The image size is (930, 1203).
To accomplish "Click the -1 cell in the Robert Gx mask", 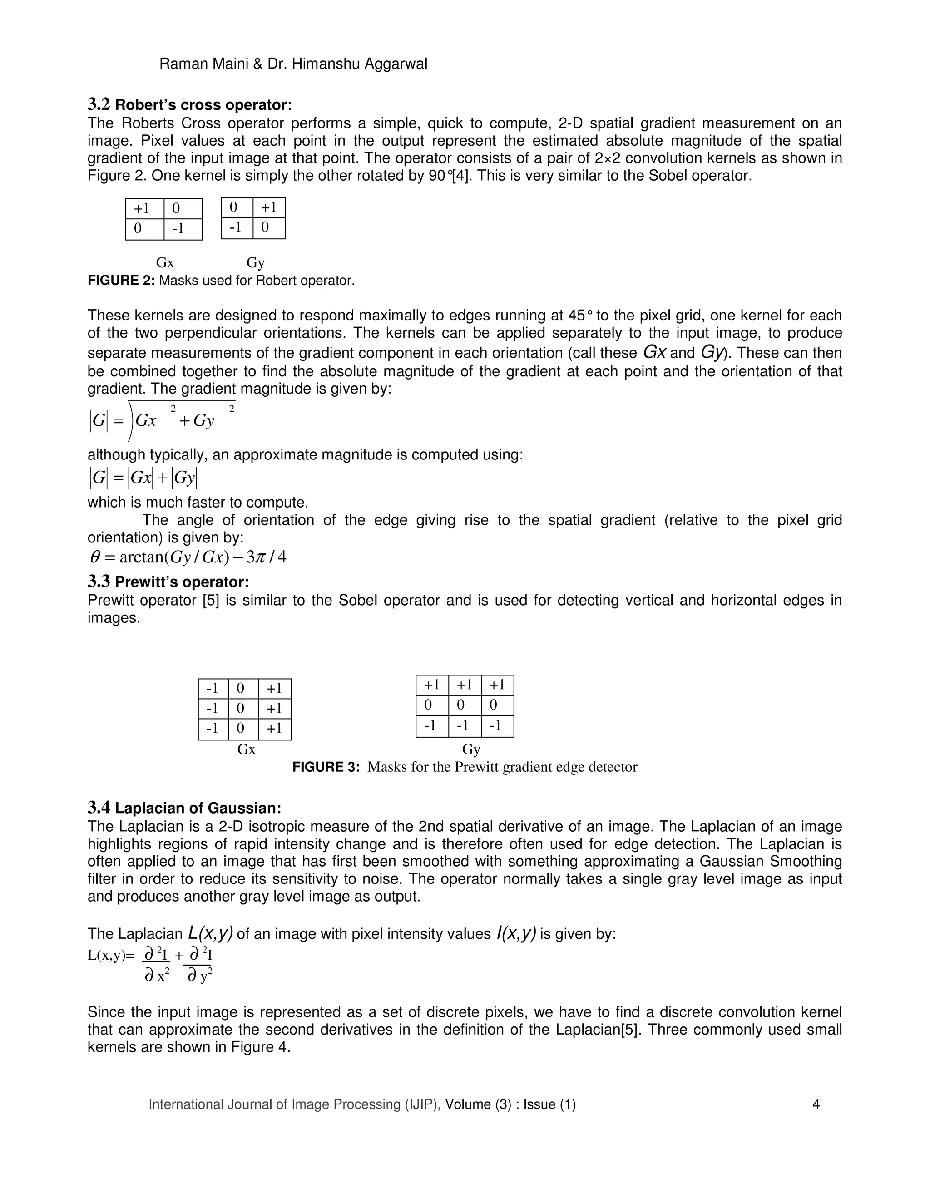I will click(x=178, y=228).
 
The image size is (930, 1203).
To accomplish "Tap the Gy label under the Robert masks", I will click(x=255, y=263).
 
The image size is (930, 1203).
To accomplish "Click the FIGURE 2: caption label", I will click(x=121, y=281).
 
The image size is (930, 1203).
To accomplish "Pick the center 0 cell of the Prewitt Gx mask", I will click(x=241, y=708).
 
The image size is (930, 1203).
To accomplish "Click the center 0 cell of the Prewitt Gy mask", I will click(x=460, y=705).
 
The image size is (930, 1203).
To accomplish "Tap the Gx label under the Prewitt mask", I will click(x=246, y=749).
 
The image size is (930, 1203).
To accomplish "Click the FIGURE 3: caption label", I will click(x=326, y=767).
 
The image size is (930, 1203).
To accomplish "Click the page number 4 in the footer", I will click(x=816, y=1104).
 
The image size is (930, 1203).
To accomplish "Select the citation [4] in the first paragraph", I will click(x=461, y=176).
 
